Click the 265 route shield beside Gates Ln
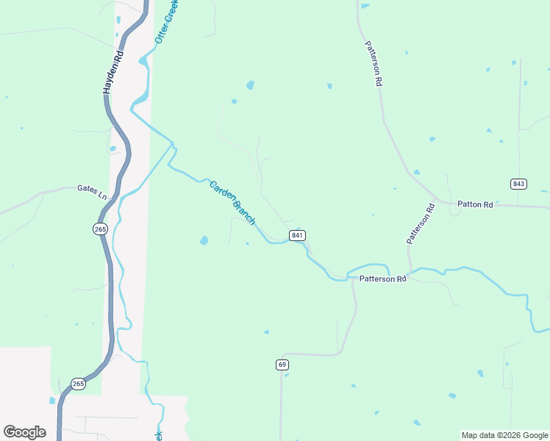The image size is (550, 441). pyautogui.click(x=101, y=229)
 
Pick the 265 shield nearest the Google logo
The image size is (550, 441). pyautogui.click(x=79, y=384)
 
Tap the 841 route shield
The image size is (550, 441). pyautogui.click(x=297, y=235)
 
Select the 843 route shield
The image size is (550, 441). pyautogui.click(x=518, y=183)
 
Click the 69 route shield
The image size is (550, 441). pyautogui.click(x=282, y=365)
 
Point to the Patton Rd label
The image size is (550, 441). pyautogui.click(x=474, y=205)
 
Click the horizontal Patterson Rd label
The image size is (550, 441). pyautogui.click(x=382, y=279)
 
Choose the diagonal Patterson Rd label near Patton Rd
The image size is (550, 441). pyautogui.click(x=421, y=223)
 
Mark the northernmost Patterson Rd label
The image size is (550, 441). pyautogui.click(x=374, y=64)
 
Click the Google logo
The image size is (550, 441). pyautogui.click(x=24, y=431)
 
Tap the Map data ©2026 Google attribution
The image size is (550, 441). pyautogui.click(x=505, y=435)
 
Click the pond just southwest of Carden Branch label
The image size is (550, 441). pyautogui.click(x=204, y=240)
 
